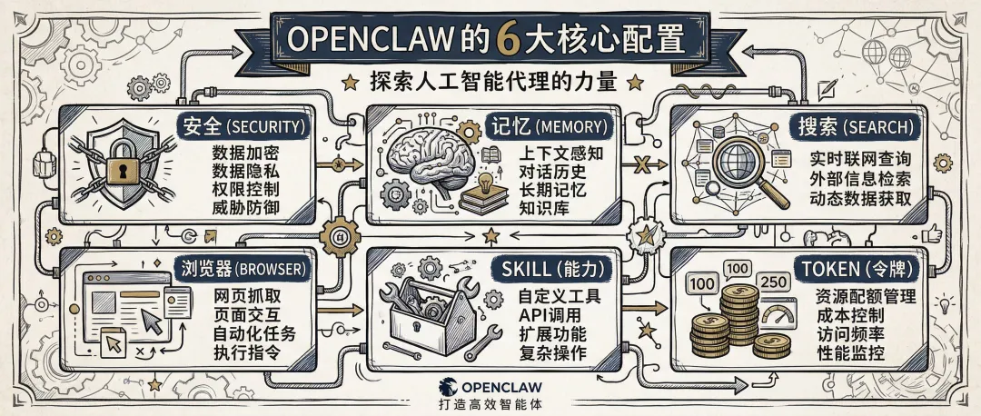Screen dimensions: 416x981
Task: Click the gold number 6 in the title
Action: (504, 40)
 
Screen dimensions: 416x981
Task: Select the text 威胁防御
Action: (246, 208)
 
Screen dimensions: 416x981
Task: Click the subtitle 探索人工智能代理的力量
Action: (492, 83)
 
